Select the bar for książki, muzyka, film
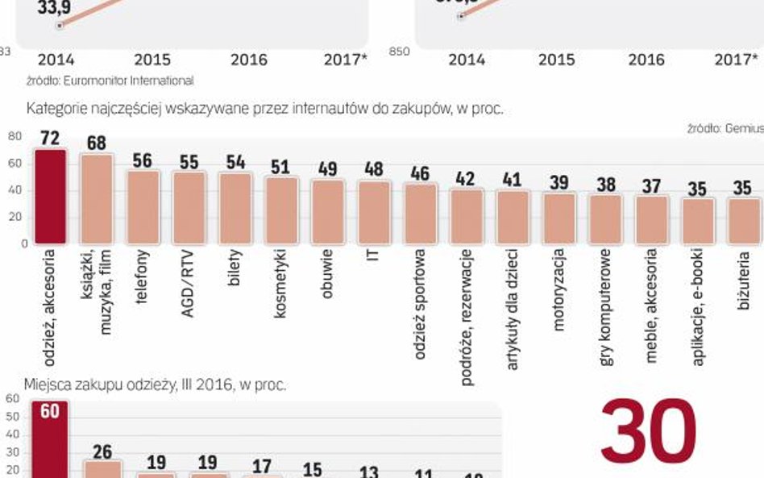96,198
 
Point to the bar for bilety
235,208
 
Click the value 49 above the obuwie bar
327,169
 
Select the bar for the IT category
373,212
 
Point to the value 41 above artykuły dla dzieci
513,181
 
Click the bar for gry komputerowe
605,218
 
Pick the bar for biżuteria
744,221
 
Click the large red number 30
648,432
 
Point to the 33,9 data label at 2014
53,9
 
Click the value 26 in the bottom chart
102,451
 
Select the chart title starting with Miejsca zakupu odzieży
156,385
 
